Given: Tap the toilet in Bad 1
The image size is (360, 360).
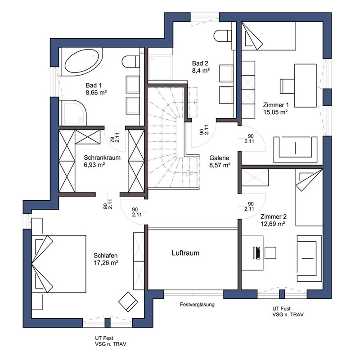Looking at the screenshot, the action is click(x=130, y=61).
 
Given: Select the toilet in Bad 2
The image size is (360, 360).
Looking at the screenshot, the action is click(x=222, y=36).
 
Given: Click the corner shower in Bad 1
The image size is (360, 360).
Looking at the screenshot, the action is click(x=73, y=113).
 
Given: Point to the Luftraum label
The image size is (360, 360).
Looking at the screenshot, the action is click(x=185, y=253).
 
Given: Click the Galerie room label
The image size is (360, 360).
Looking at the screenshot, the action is click(x=219, y=158).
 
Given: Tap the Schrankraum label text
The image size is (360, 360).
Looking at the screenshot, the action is click(x=102, y=158).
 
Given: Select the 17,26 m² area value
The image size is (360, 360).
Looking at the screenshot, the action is click(x=106, y=263).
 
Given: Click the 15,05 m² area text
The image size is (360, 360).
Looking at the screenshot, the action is click(x=276, y=112).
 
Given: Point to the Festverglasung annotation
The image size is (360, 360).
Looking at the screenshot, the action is click(x=197, y=305).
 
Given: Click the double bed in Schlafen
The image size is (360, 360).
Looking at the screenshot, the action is click(x=59, y=264).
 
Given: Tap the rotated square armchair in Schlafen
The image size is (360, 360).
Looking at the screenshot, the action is click(x=128, y=301).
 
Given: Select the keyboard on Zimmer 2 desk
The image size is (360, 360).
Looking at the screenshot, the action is click(x=256, y=253).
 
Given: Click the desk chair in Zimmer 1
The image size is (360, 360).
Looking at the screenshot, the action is click(x=287, y=86).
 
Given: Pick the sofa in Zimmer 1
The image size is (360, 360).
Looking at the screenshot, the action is click(x=295, y=150).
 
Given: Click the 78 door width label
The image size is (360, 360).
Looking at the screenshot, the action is click(x=112, y=139).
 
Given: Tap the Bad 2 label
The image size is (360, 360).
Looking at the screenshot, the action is click(x=200, y=63).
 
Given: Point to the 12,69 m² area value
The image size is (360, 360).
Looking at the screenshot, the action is click(x=273, y=224).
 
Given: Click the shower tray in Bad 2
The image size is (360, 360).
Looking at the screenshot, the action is click(x=160, y=67).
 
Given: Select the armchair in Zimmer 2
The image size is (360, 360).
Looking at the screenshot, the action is click(x=309, y=258).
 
